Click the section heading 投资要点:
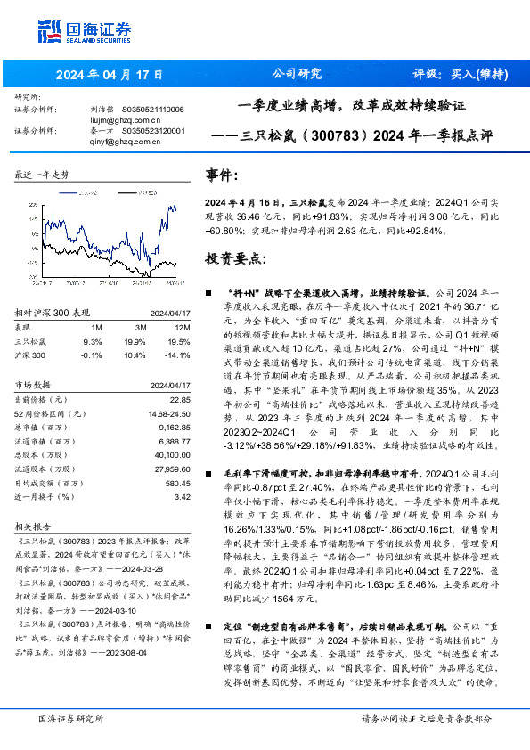click(234, 259)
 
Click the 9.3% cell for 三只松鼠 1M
click(92, 341)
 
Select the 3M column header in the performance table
click(135, 328)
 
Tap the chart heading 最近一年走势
click(42, 175)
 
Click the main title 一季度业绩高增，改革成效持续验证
click(352, 105)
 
